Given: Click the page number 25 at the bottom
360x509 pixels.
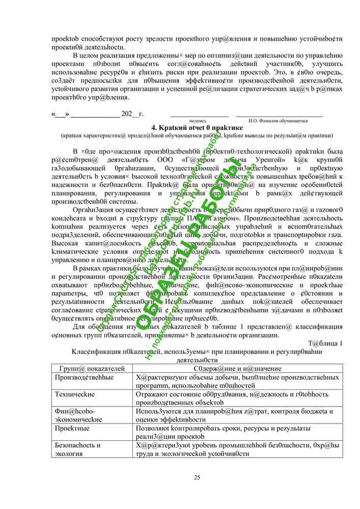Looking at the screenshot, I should pos(197,477).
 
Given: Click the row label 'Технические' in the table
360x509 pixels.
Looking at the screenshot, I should pos(75,394).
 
